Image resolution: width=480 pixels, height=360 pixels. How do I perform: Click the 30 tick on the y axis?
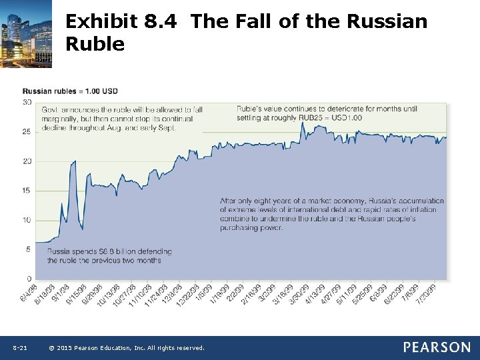point(27,102)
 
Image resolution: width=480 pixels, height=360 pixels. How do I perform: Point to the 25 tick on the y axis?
point(27,131)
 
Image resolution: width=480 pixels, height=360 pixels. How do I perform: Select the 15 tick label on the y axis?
point(27,191)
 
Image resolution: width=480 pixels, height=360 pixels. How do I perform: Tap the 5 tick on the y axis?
point(29,249)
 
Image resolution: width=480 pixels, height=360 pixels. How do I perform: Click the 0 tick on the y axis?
point(29,278)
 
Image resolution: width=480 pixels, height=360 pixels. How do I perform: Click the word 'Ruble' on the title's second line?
point(95,44)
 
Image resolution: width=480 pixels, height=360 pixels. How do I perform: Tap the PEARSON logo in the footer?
point(436,347)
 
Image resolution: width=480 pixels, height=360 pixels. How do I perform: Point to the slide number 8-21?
point(19,348)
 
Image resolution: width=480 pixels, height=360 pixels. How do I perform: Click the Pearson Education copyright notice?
point(127,348)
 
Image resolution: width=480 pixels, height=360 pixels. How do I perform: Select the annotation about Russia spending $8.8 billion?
point(109,256)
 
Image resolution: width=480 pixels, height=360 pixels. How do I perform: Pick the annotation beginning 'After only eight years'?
point(331,214)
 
